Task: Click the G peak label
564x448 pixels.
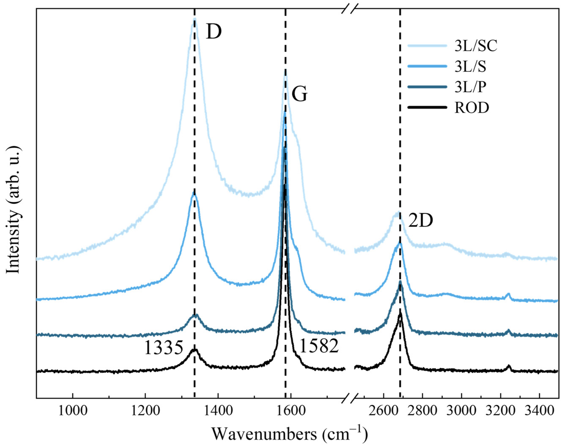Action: coord(299,94)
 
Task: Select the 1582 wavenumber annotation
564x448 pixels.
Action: coord(319,347)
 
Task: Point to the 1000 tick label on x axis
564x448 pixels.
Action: coord(73,411)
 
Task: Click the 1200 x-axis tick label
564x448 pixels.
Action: coord(145,411)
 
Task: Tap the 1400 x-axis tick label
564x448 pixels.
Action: coord(218,411)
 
